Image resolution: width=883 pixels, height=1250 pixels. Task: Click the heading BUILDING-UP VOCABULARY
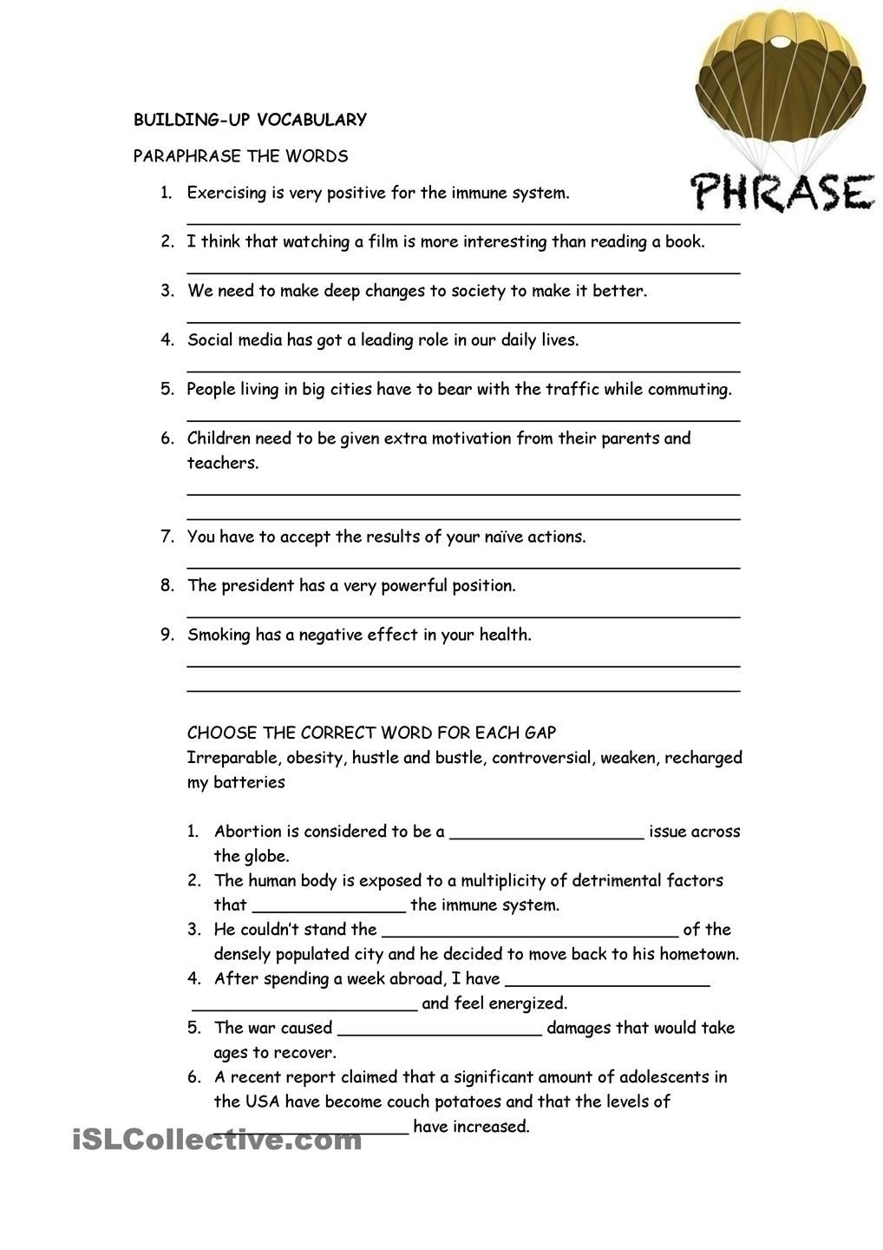pyautogui.click(x=250, y=120)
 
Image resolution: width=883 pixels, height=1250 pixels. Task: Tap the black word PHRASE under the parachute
pyautogui.click(x=782, y=192)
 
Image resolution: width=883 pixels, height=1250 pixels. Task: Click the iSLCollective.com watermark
pyautogui.click(x=217, y=1140)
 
